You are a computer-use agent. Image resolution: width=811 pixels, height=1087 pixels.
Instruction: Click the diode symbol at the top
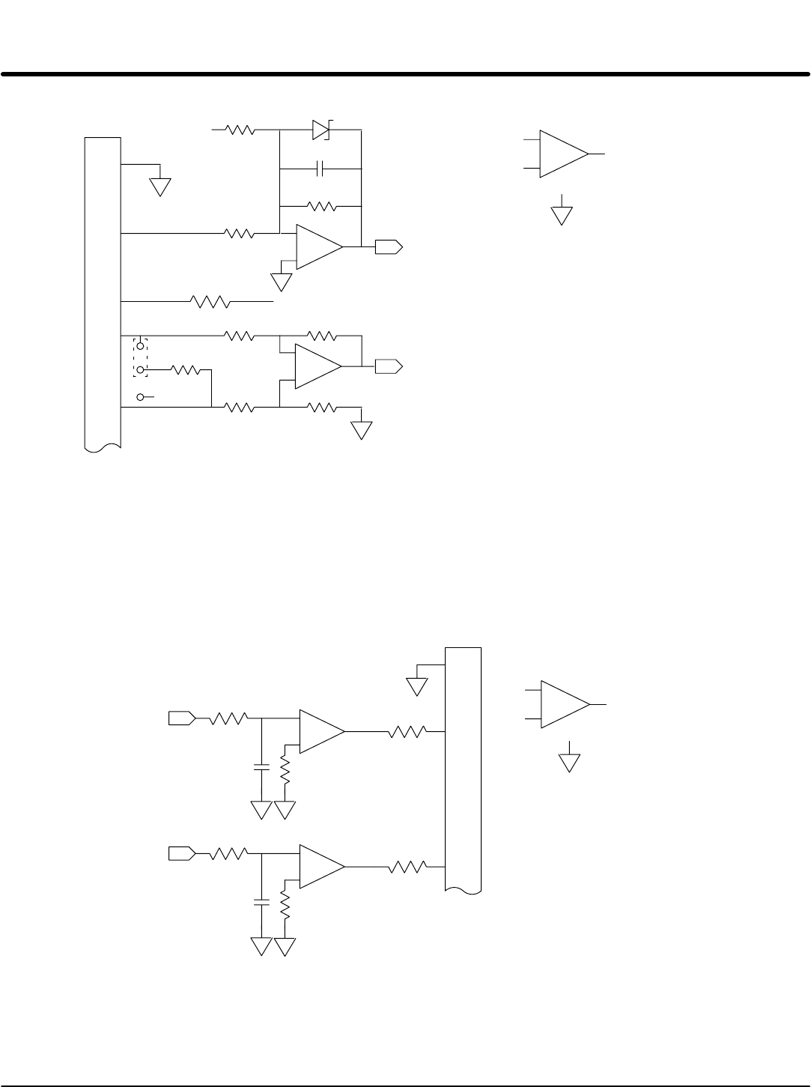pos(321,130)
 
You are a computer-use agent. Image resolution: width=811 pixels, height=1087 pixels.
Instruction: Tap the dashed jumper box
pos(140,357)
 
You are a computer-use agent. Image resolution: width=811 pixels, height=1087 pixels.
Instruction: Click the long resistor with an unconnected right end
pos(210,302)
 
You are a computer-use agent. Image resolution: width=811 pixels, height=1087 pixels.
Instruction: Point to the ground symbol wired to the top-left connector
pos(160,187)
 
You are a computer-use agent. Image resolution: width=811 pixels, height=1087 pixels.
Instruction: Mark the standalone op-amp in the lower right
pos(564,704)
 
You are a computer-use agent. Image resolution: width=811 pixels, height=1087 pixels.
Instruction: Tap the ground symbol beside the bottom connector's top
pos(416,686)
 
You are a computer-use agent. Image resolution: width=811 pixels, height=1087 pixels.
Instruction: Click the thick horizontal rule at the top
pos(405,74)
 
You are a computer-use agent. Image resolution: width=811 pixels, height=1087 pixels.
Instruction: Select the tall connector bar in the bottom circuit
pos(463,768)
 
